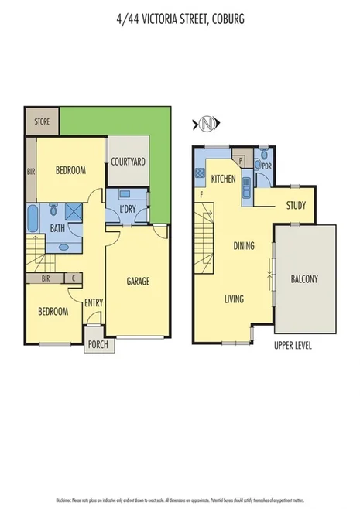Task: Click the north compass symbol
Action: pos(205,123)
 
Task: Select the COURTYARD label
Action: pos(129,162)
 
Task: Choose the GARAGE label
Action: pos(138,281)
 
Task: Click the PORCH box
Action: pos(97,344)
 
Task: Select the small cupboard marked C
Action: pos(74,278)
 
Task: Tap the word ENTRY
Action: pos(94,302)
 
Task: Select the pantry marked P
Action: pos(241,161)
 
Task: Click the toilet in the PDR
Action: pos(265,152)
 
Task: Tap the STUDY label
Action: pos(295,206)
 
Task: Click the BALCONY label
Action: pos(304,279)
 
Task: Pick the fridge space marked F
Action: pos(201,194)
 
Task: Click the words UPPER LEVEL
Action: pos(293,345)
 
